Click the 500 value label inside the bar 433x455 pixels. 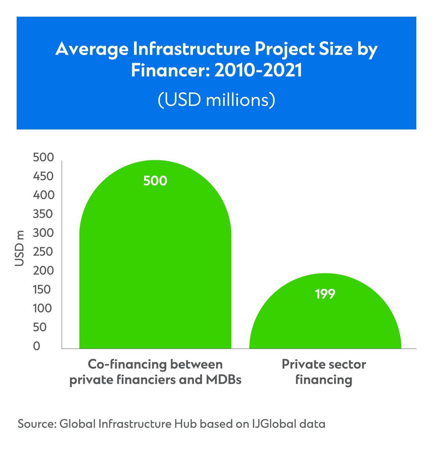(155, 181)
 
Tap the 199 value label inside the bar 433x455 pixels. (325, 294)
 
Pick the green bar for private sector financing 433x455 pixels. (325, 324)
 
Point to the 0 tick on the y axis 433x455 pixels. (37, 346)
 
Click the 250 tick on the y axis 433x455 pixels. (43, 252)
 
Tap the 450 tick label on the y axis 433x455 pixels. (43, 177)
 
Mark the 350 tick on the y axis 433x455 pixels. (43, 214)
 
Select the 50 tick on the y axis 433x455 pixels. (40, 327)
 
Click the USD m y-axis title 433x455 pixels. (20, 248)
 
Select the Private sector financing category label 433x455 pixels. (324, 372)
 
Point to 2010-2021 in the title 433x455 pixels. (258, 71)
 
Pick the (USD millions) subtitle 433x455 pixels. (216, 100)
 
